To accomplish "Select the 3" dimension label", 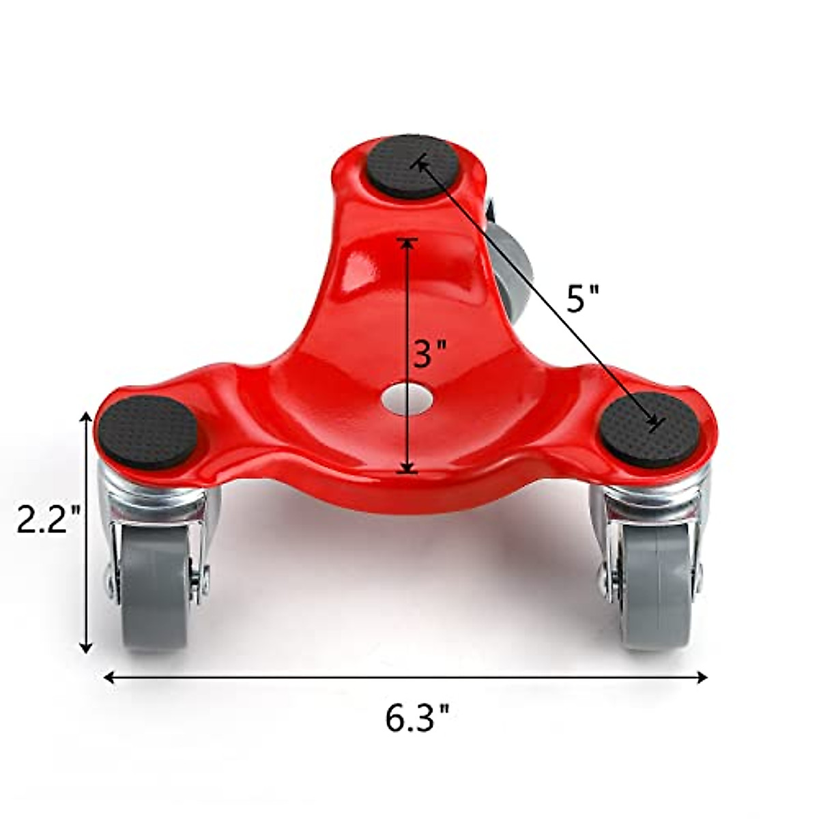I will click(x=430, y=354).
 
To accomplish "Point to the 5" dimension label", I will click(x=583, y=298).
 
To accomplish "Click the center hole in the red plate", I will click(x=407, y=398).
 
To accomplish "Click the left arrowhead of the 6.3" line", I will click(x=108, y=676).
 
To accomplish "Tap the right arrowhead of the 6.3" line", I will click(x=702, y=676).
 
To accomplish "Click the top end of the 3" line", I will click(x=407, y=240).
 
